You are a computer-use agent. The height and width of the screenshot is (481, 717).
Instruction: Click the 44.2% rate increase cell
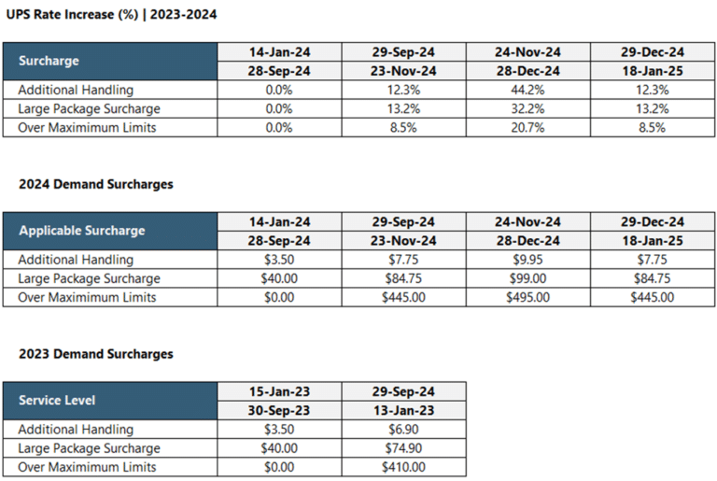tap(527, 90)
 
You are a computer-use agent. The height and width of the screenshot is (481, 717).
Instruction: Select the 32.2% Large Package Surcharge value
tap(527, 108)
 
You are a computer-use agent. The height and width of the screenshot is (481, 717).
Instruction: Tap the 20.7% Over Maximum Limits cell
tap(527, 127)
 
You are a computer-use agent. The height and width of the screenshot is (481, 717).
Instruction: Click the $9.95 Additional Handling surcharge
tap(527, 260)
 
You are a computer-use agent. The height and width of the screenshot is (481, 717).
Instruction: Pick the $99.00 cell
tap(527, 278)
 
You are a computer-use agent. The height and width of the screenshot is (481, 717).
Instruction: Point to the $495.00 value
tap(527, 297)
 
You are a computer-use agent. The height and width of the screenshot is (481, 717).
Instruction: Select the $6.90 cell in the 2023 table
tap(403, 430)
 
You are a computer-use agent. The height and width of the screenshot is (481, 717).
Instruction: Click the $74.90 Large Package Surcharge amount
tap(403, 448)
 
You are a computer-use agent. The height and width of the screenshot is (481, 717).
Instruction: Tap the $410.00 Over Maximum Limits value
tap(403, 467)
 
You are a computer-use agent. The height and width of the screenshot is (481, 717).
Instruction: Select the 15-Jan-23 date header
tap(279, 391)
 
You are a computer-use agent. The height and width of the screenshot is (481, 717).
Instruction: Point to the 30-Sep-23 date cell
tap(279, 410)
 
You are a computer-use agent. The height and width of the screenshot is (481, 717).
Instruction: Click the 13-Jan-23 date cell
tap(403, 410)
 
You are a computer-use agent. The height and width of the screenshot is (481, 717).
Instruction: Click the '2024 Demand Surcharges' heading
tap(96, 185)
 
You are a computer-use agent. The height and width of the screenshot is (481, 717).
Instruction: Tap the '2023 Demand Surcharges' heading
tap(96, 355)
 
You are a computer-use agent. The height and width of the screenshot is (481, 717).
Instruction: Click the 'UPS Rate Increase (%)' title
tap(75, 15)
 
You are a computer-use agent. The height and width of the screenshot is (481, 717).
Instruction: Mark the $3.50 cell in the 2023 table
tap(279, 430)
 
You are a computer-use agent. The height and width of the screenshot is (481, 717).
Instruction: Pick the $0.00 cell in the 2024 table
tap(279, 297)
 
